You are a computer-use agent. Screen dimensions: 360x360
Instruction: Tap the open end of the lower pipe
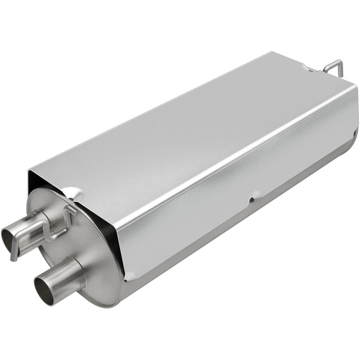coord(42,285)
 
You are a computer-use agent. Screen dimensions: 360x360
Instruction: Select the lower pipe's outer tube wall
coord(64,273)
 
